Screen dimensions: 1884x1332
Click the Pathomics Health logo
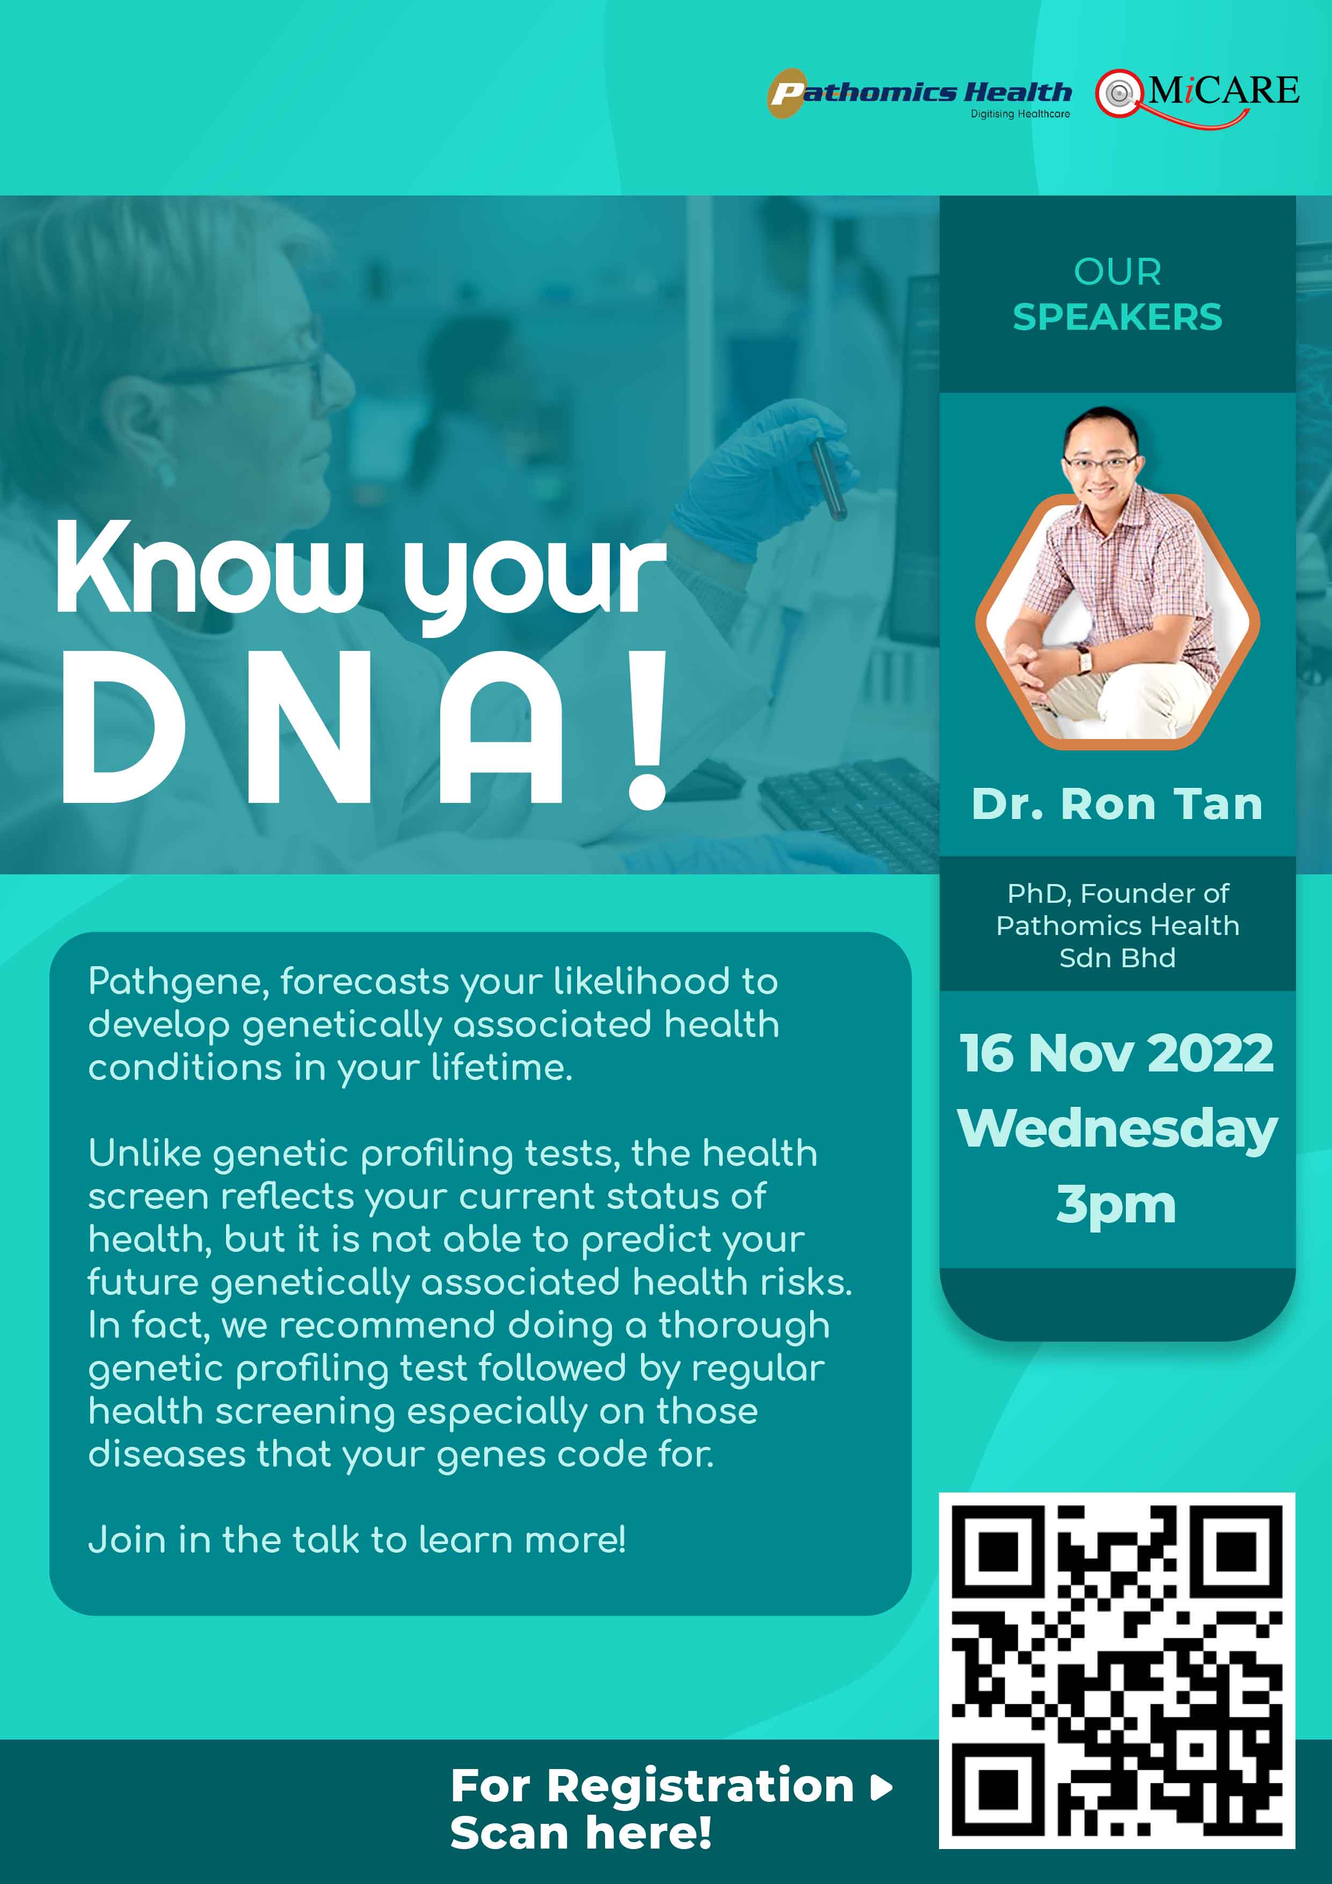(x=919, y=93)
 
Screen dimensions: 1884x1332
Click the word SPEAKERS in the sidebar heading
(x=1117, y=317)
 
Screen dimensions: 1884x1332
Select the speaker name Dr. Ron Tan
(x=1117, y=804)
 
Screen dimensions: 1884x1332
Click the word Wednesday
(x=1117, y=1129)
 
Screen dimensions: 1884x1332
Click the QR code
(x=1117, y=1671)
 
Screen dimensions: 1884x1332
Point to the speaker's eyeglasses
(x=1100, y=463)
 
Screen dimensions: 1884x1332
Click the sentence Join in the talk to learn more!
(x=357, y=1539)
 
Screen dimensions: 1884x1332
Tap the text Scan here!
(x=581, y=1833)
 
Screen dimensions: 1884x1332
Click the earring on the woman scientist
(x=166, y=474)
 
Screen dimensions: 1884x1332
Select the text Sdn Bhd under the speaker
(x=1117, y=958)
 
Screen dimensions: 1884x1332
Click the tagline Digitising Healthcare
(x=1020, y=114)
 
